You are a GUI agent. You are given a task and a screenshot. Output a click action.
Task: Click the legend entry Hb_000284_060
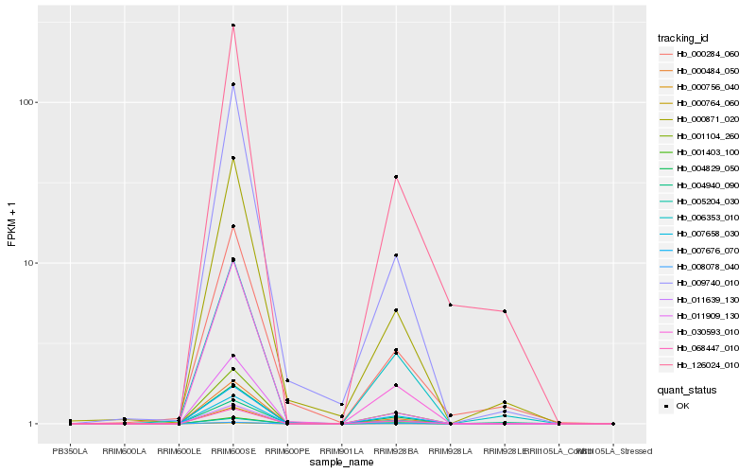700,54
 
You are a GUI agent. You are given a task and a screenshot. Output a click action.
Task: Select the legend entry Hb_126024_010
700,364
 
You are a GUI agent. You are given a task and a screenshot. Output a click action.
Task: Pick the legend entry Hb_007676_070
700,250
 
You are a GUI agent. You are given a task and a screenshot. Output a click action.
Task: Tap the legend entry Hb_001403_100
700,151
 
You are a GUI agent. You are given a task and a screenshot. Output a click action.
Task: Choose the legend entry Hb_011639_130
700,299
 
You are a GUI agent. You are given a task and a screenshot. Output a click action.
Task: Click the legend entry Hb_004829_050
700,168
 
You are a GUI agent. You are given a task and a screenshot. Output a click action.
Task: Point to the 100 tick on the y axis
29,102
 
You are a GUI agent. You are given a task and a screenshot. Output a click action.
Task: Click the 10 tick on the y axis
32,263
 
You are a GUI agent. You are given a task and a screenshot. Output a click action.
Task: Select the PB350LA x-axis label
70,452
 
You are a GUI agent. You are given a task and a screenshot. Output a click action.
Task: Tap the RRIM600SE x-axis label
233,452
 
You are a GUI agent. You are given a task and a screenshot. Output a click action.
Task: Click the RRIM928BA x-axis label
396,452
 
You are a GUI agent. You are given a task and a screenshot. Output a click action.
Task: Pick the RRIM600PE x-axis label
287,452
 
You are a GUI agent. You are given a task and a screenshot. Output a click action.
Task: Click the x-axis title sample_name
341,463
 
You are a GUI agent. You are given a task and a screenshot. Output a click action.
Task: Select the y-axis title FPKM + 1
11,224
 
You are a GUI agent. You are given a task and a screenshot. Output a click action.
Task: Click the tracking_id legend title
683,38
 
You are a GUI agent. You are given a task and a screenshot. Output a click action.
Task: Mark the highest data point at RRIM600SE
233,26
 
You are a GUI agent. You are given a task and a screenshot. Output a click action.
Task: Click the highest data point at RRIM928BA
396,177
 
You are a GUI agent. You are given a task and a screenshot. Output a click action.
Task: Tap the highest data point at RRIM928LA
451,305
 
